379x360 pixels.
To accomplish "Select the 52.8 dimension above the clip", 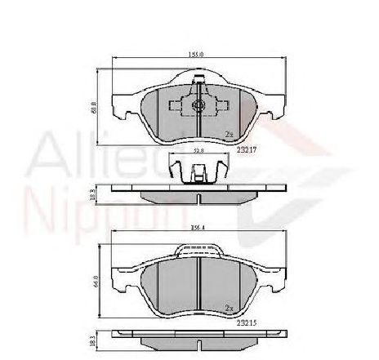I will point(197,151).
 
